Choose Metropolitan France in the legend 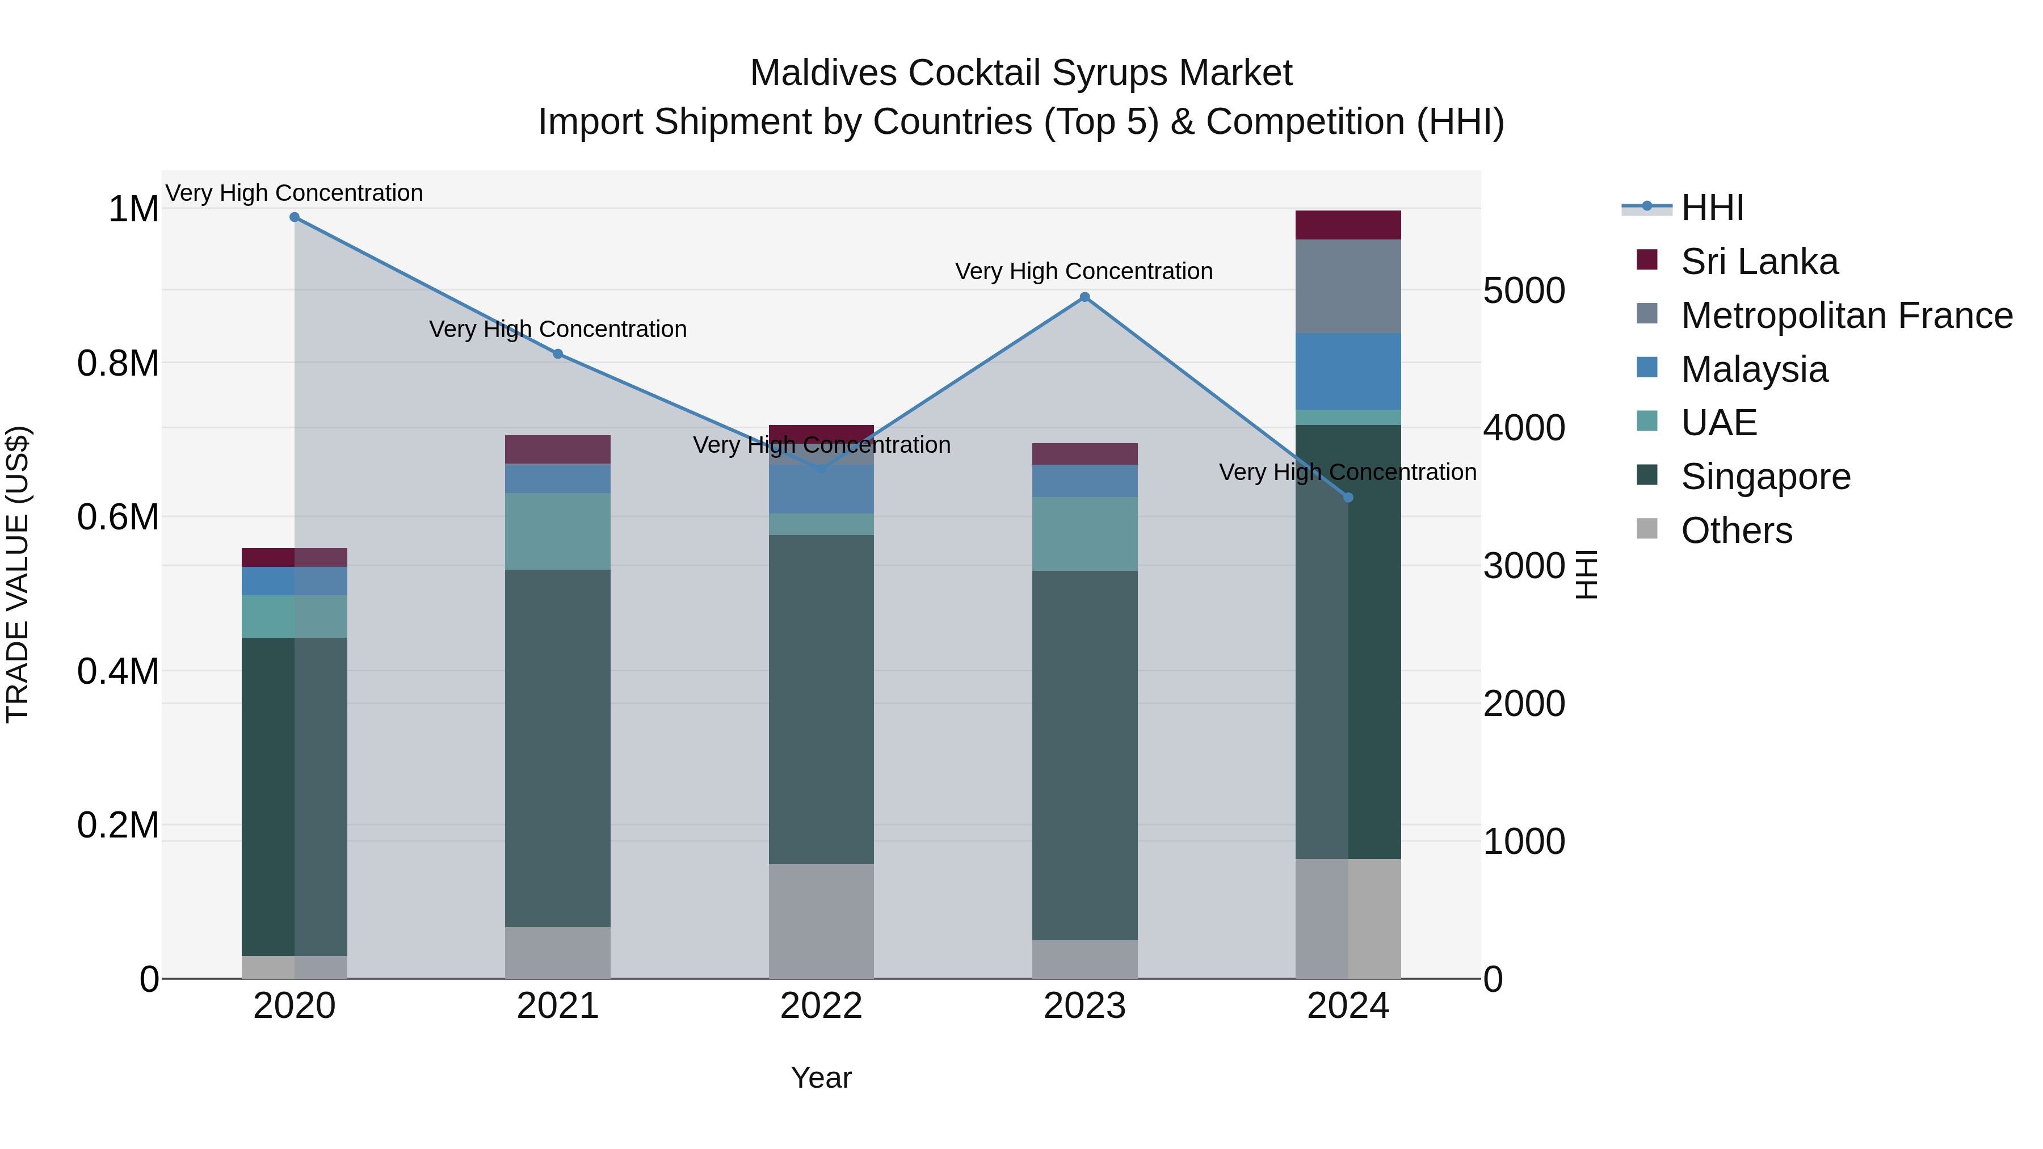(1846, 315)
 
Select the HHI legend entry (1712, 208)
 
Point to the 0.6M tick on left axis (117, 517)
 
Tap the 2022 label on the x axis (821, 1006)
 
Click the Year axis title (821, 1078)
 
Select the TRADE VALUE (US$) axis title (18, 574)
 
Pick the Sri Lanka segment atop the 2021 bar (557, 449)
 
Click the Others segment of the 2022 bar (821, 921)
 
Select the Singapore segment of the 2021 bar (557, 748)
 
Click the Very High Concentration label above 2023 (1083, 271)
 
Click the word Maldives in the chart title (824, 73)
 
